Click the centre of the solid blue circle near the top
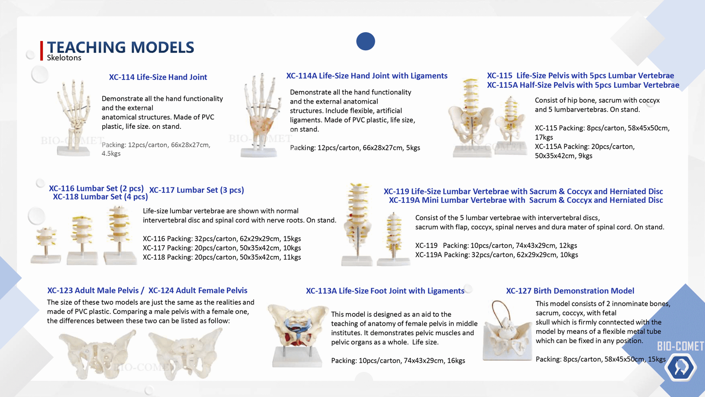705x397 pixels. [365, 41]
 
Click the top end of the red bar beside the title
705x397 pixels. [41, 41]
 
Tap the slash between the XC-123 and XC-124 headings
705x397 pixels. [143, 291]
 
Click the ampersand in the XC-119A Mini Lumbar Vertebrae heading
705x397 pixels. [561, 200]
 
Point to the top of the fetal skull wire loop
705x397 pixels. [500, 301]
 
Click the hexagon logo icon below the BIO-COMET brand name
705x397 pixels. [680, 367]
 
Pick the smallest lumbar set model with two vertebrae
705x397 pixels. [46, 245]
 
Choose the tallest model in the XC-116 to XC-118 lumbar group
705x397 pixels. [120, 235]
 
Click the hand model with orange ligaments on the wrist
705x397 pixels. [261, 115]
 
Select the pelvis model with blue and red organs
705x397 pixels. [297, 336]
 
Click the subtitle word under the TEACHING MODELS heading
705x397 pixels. [64, 58]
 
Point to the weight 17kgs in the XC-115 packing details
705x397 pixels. [544, 137]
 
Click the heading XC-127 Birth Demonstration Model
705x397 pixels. [570, 291]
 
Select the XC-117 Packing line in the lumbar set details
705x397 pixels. [222, 248]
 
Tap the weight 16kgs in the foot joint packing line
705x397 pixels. [456, 361]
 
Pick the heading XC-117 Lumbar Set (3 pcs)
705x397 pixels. [197, 190]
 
